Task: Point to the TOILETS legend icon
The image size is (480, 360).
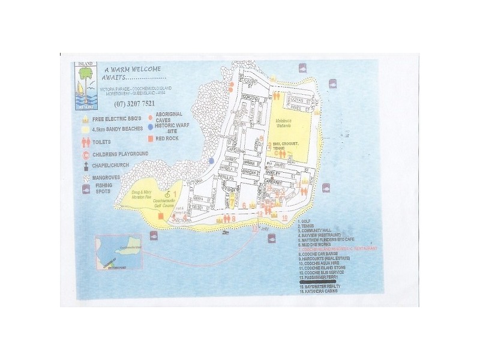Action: pos(85,143)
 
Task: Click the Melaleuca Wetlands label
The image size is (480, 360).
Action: pos(289,123)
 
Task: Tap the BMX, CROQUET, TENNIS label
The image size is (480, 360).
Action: pos(289,147)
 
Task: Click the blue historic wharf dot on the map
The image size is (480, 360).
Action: pos(211,161)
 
